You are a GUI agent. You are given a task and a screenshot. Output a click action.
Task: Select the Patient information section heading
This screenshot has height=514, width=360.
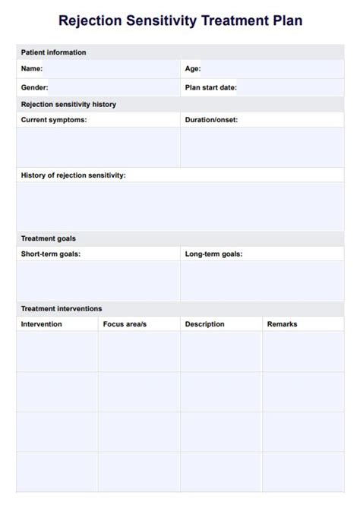click(53, 52)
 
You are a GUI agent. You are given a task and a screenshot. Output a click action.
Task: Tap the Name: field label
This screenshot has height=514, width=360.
click(32, 68)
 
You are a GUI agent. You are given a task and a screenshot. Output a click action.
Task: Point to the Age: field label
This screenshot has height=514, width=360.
click(193, 68)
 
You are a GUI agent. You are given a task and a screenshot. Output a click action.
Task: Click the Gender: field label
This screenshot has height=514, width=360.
click(35, 87)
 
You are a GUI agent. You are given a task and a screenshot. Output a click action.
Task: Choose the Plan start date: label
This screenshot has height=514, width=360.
click(211, 87)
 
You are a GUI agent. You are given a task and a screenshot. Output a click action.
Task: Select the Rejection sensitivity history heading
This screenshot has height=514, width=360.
click(68, 104)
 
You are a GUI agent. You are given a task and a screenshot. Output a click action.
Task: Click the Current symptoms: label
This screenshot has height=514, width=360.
click(54, 120)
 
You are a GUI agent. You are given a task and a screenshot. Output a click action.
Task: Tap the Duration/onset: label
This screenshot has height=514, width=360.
click(211, 120)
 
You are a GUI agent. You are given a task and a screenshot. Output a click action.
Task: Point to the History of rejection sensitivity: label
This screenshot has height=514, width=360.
click(73, 175)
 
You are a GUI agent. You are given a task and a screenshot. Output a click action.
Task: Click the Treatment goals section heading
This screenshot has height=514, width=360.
click(48, 238)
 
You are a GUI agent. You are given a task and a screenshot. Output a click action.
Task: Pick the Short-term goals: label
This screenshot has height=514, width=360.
click(51, 254)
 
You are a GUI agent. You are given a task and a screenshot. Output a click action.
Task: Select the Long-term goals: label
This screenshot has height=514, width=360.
click(214, 254)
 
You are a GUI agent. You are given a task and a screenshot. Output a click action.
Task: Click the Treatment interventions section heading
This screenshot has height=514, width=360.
click(62, 309)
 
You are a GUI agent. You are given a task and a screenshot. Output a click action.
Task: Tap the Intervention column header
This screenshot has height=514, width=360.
click(42, 324)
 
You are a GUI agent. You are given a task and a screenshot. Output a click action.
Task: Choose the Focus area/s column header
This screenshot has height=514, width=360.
click(125, 324)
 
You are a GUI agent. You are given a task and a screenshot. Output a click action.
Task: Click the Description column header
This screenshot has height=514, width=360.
click(205, 324)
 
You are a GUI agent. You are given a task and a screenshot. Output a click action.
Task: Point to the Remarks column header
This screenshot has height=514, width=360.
click(283, 324)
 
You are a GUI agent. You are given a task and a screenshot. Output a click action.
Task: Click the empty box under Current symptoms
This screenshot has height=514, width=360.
click(98, 147)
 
